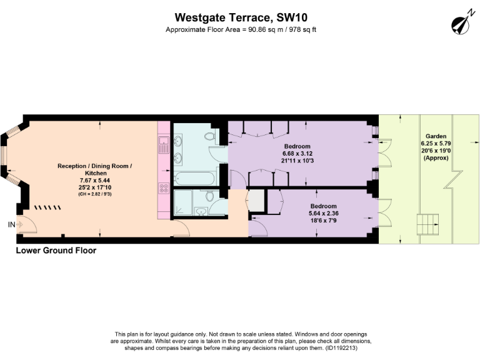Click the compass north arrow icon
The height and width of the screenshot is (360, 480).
coord(461,24)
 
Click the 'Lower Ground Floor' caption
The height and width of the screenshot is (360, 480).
coord(56,251)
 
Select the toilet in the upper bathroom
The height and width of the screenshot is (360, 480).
coord(211,136)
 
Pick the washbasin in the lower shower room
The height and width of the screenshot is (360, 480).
coord(202,211)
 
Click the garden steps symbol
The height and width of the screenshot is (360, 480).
coord(427,222)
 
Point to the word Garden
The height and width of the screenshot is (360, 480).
coord(436,136)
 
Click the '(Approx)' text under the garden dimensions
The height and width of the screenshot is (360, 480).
coord(436,158)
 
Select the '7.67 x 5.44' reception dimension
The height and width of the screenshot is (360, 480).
coord(95,180)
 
